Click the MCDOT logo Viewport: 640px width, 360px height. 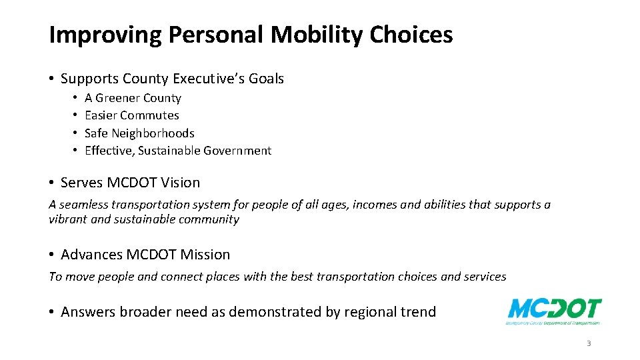(x=554, y=311)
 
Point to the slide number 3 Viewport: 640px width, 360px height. (x=589, y=344)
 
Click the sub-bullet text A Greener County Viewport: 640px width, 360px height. (x=133, y=98)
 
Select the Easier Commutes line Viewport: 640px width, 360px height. (x=132, y=115)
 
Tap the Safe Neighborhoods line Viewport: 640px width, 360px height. (x=139, y=133)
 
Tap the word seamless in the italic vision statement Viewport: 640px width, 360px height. (x=86, y=205)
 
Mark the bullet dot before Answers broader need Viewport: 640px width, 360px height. (x=52, y=312)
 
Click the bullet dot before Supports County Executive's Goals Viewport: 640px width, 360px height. (x=52, y=79)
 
